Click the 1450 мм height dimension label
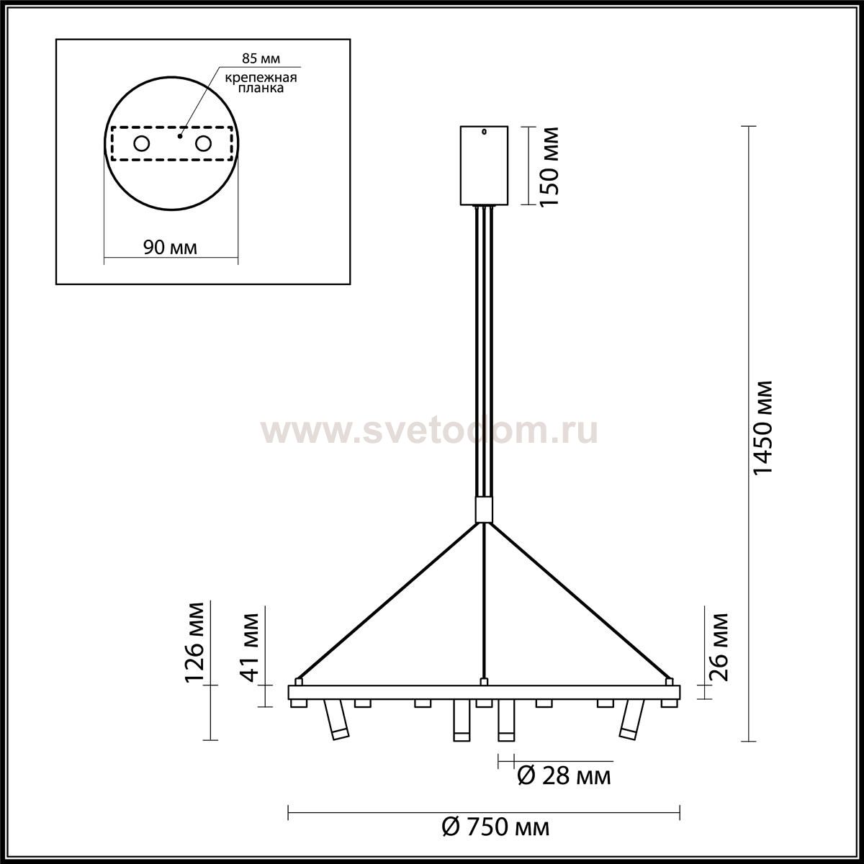pos(762,427)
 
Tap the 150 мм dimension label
pos(549,167)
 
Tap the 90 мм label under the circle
pos(171,248)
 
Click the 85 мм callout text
pos(261,58)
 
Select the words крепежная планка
pos(261,83)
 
